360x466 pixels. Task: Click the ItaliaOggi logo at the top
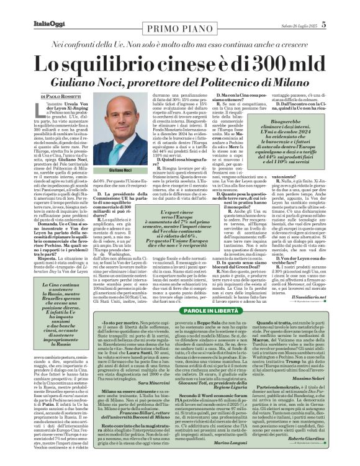tap(50, 25)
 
